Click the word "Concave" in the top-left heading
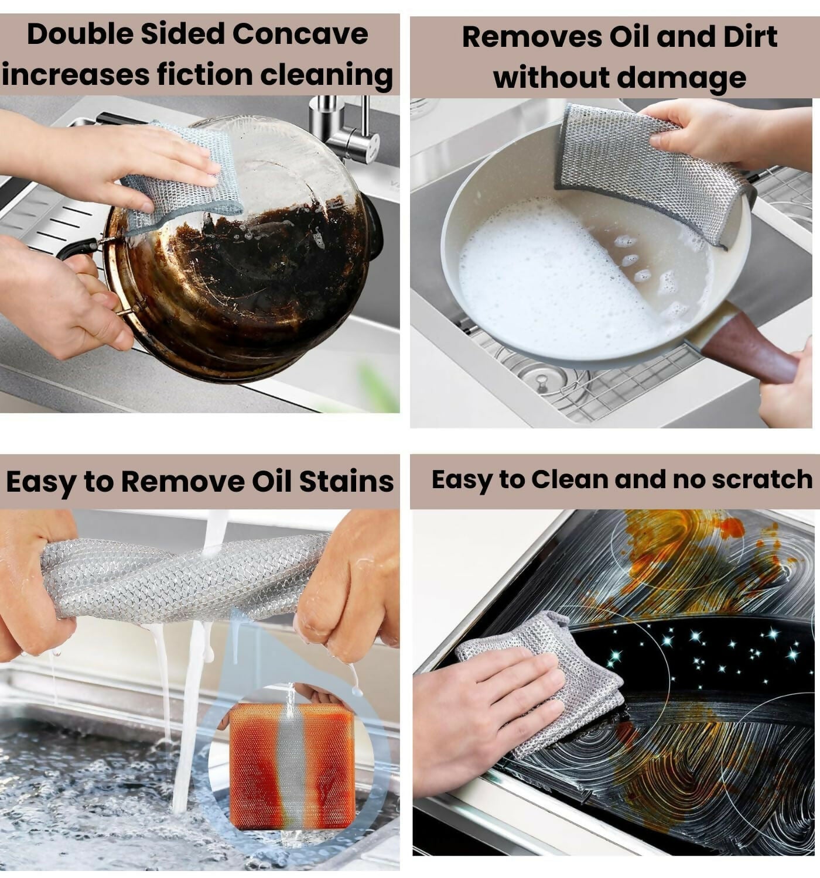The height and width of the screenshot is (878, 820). coord(300,34)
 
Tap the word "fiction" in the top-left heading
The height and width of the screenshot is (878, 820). coord(204,75)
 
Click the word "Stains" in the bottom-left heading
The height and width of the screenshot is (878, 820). coord(346,482)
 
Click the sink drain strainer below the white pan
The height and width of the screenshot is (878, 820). coord(542,380)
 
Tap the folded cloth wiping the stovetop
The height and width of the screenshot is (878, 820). coord(545,673)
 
